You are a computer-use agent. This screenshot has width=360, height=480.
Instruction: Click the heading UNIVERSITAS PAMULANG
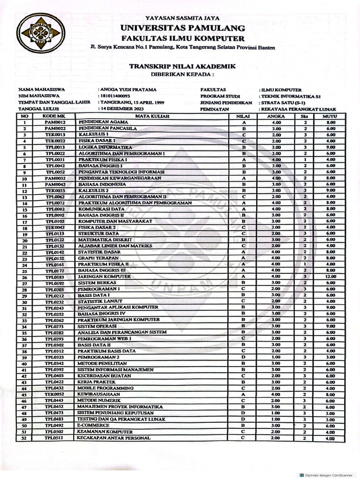point(182,28)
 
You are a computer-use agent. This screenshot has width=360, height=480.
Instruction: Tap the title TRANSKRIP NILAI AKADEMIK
point(182,67)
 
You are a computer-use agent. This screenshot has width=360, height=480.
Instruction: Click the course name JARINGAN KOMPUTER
point(104,277)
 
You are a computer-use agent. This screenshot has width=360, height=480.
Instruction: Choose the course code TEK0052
point(55,394)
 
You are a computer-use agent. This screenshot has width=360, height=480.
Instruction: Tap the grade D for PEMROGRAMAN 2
point(244,357)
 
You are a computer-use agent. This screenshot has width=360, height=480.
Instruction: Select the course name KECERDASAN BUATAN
point(105,375)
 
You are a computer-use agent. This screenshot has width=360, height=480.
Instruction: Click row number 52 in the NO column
point(24,438)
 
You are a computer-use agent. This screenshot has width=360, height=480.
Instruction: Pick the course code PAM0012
point(55,122)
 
